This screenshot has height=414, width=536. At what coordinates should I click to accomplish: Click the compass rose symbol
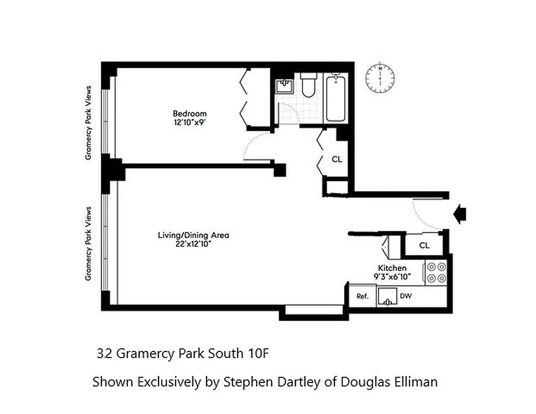click(x=380, y=78)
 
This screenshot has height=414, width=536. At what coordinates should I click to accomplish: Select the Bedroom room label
click(x=190, y=114)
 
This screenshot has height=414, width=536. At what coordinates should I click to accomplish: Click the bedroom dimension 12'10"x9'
click(x=190, y=123)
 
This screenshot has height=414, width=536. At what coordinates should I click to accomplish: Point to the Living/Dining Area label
click(x=193, y=235)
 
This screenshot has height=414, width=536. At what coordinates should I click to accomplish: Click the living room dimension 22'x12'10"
click(x=193, y=245)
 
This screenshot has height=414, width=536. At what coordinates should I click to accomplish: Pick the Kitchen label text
click(x=392, y=268)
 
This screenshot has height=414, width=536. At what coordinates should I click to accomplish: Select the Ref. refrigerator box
click(x=362, y=297)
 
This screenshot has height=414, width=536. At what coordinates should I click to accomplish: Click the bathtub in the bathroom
click(x=335, y=98)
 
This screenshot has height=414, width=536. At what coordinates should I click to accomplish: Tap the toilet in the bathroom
click(x=308, y=86)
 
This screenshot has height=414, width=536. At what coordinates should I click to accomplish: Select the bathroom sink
click(x=284, y=86)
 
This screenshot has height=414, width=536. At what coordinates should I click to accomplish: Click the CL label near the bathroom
click(x=337, y=159)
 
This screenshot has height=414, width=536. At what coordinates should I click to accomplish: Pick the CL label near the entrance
click(x=424, y=245)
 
